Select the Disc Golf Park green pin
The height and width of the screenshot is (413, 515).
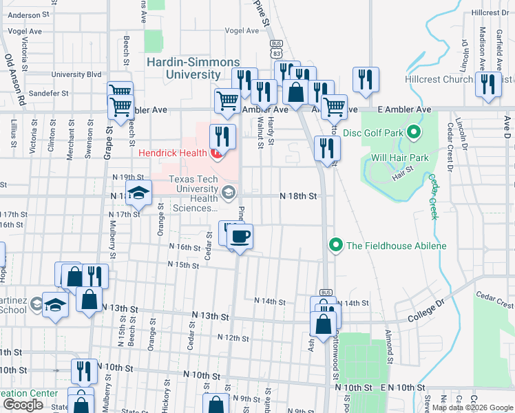pyautogui.click(x=413, y=131)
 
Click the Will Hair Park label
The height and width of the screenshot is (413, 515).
pyautogui.click(x=400, y=158)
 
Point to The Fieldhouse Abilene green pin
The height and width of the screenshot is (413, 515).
pyautogui.click(x=335, y=245)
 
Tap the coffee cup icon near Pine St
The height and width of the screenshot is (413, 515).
pyautogui.click(x=240, y=237)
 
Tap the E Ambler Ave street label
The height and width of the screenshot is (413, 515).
pyautogui.click(x=405, y=109)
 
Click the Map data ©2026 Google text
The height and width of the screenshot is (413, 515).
pyautogui.click(x=472, y=407)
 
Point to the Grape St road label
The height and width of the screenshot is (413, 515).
pyautogui.click(x=108, y=140)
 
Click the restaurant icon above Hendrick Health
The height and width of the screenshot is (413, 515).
pyautogui.click(x=222, y=136)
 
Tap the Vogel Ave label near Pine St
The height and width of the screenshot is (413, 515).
pyautogui.click(x=241, y=31)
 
